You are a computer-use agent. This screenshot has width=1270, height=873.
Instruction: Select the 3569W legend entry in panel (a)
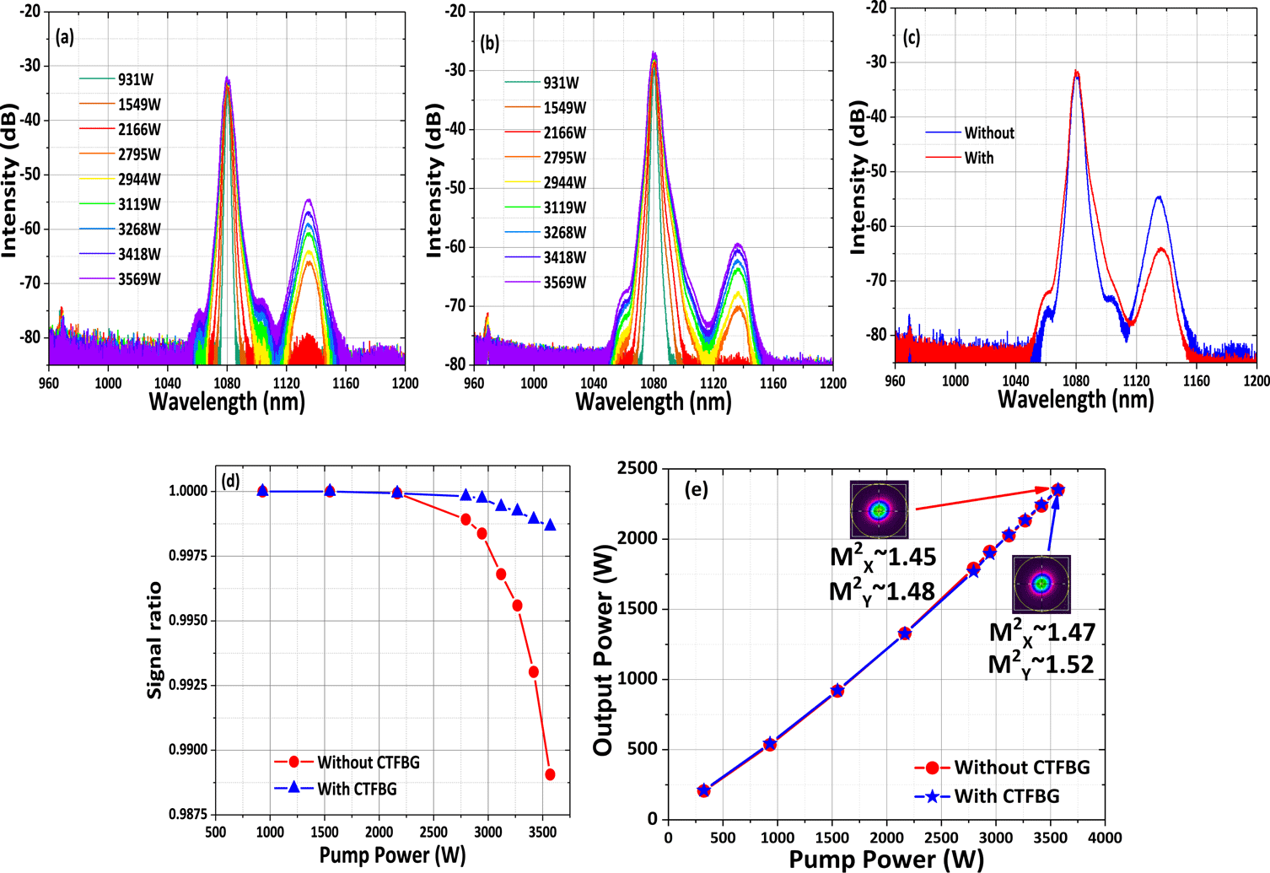(138, 278)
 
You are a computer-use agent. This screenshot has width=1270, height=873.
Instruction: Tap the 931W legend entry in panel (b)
(561, 83)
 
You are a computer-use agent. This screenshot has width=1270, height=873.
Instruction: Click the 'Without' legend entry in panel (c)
(988, 132)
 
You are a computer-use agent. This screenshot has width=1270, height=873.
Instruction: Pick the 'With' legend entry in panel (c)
(978, 158)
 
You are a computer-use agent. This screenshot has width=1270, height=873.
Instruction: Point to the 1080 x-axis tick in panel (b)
(654, 383)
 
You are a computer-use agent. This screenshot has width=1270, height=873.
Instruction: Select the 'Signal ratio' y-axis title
(154, 639)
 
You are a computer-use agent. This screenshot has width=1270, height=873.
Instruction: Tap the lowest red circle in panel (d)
(550, 774)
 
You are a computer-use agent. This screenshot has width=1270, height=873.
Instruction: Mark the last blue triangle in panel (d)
(550, 525)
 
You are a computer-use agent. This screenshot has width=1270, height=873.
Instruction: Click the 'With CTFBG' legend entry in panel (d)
(356, 789)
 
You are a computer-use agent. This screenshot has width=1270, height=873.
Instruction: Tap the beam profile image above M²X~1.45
(880, 509)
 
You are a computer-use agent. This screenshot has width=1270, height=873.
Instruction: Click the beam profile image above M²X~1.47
(1041, 583)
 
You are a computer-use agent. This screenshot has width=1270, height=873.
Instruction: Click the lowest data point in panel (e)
(704, 790)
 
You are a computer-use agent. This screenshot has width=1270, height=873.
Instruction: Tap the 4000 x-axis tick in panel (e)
(1104, 838)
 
